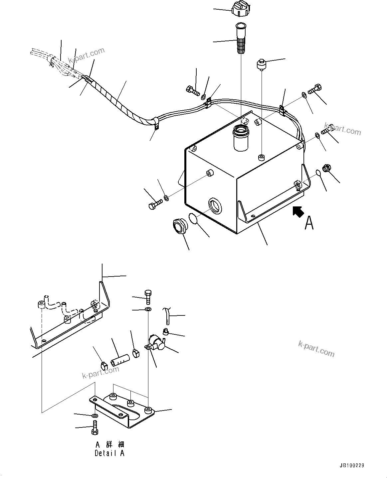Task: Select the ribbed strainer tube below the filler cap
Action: (x=240, y=39)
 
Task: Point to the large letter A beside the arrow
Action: (x=309, y=223)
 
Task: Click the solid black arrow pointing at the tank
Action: (x=298, y=211)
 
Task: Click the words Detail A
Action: (x=109, y=453)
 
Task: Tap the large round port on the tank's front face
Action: (x=215, y=205)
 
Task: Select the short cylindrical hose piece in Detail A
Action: (x=120, y=361)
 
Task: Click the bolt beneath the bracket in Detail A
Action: (x=94, y=428)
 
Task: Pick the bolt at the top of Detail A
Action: (x=148, y=297)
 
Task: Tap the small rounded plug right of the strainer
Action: (x=260, y=64)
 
